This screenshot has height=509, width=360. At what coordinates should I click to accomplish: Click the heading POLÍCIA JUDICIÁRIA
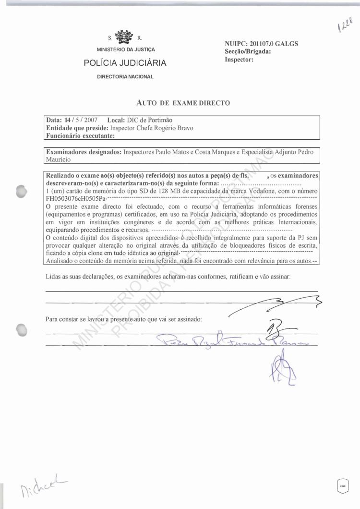(x=125, y=63)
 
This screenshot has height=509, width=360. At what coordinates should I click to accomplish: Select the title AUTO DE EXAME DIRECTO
(x=184, y=102)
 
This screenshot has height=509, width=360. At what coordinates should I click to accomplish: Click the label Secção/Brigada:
(x=248, y=52)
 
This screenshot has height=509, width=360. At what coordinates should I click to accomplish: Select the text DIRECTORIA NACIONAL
(x=125, y=77)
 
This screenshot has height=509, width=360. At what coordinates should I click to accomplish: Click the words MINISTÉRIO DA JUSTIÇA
(x=125, y=50)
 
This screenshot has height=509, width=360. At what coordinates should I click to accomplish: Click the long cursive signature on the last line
(x=230, y=342)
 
